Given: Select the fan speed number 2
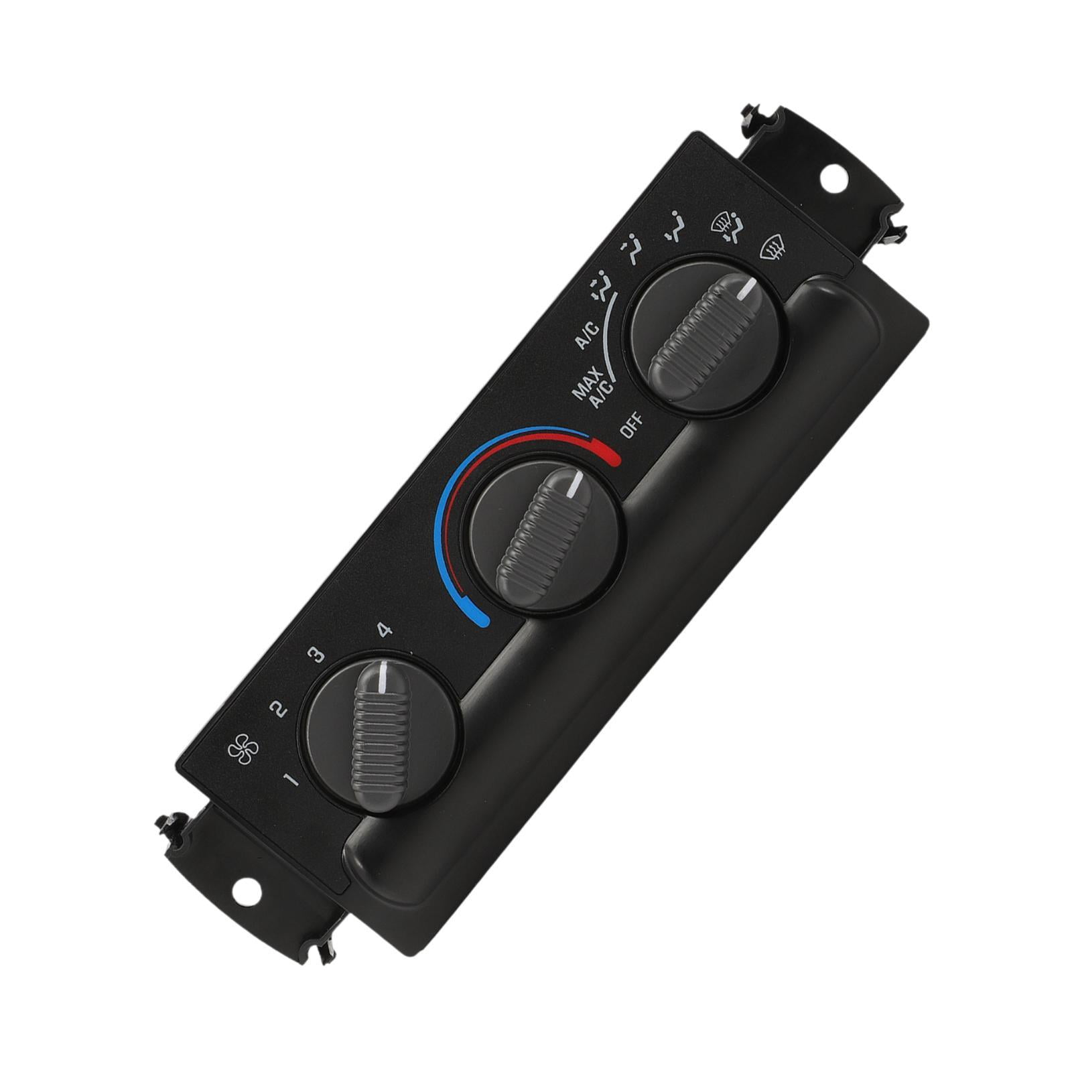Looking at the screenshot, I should (277, 708).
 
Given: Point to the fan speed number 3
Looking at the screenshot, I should (316, 655).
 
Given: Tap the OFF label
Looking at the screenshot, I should (632, 427).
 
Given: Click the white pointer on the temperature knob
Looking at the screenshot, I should (576, 486).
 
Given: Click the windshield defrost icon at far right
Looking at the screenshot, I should (773, 251).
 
